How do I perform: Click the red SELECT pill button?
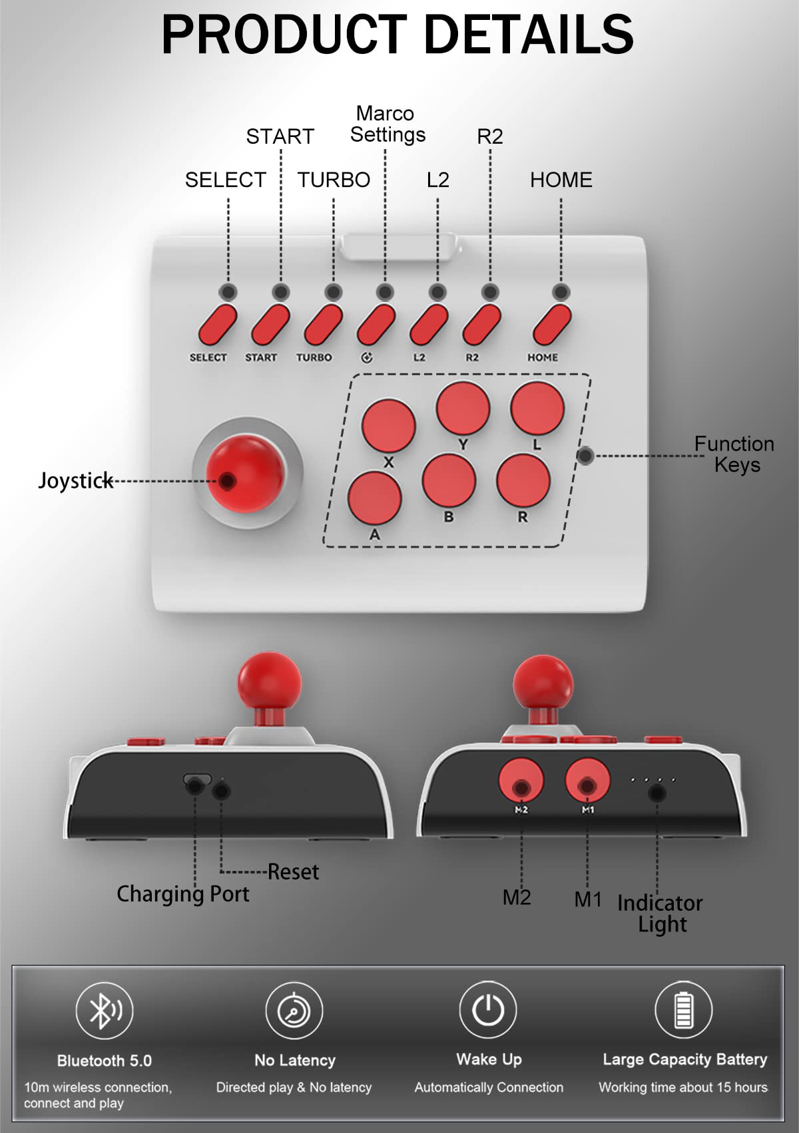pos(218,324)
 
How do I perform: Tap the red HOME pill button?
pos(552,324)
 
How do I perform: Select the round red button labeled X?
pos(388,425)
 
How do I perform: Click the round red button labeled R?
pos(523,480)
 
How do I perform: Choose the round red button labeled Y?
pos(463,408)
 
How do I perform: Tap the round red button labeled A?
pos(374,498)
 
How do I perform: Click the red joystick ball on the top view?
pos(246,474)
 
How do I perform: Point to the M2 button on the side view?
pos(521,782)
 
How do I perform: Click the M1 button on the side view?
pos(587,782)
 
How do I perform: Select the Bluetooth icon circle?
pos(105,1010)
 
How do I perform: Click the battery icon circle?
pos(684,1009)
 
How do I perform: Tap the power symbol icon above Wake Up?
pos(488,1009)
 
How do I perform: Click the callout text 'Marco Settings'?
pos(388,124)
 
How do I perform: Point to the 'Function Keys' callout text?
pos(734,454)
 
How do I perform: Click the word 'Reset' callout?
pos(293,872)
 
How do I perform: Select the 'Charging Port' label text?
pos(183,894)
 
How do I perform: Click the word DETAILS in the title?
pos(529,35)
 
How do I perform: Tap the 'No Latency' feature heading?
pos(295,1060)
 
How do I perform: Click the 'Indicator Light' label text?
pos(661,913)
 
